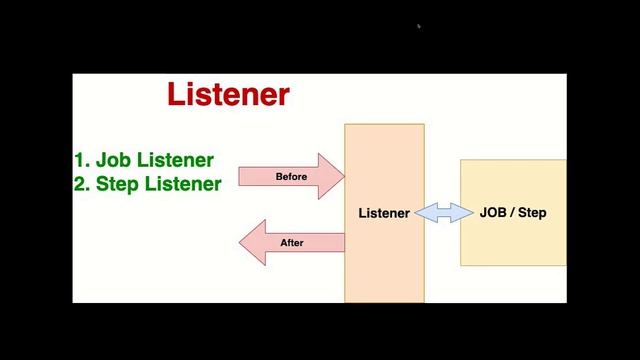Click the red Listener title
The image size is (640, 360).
pos(228,95)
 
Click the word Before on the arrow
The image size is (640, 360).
pos(291,177)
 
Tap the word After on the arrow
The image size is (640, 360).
pos(292,243)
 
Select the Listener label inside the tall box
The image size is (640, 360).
pos(384,213)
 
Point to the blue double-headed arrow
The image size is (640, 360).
pos(443,213)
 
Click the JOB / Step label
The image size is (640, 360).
pos(513,213)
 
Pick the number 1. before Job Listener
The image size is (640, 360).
pos(82,160)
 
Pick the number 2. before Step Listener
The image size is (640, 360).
pos(82,184)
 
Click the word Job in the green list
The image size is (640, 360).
pos(113,160)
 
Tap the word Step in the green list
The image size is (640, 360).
pos(118,184)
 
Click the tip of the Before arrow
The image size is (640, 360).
pos(342,177)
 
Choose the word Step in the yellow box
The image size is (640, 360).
pos(532,213)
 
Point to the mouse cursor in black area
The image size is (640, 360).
pos(419,27)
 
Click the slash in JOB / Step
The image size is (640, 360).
pos(513,213)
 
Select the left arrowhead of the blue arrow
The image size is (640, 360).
pos(421,213)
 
